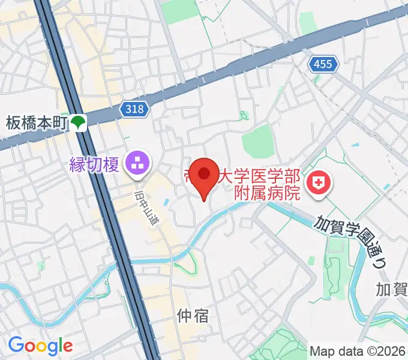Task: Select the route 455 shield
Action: coord(322,64)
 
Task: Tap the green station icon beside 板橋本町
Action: coord(78,124)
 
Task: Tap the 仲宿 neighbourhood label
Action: coord(193,315)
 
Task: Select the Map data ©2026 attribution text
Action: coord(358,351)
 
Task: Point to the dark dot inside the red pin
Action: coord(204,173)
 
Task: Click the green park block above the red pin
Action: coord(259,141)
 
